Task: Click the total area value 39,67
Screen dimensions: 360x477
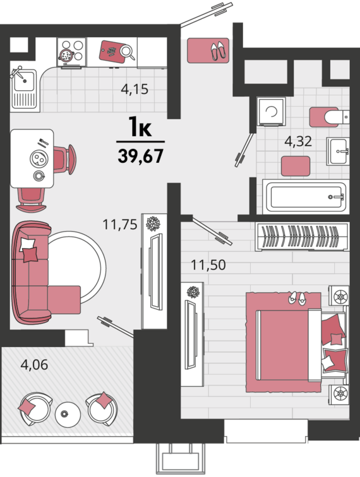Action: click(141, 156)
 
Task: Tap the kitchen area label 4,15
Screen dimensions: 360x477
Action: click(135, 90)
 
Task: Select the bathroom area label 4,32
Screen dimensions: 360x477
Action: click(298, 141)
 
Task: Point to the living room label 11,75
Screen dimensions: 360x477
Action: click(120, 225)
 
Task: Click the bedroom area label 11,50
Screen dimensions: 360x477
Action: click(208, 265)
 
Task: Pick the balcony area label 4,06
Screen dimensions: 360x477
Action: click(34, 365)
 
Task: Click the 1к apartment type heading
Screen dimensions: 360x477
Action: click(140, 127)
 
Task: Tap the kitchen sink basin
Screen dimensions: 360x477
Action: click(25, 81)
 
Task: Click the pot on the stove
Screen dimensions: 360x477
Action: click(66, 55)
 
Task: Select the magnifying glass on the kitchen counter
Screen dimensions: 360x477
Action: click(128, 51)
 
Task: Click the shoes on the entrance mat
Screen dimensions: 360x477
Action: click(218, 50)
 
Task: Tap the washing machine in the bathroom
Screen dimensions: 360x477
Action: click(271, 112)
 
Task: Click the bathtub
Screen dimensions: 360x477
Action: click(306, 197)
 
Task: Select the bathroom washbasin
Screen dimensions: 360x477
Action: click(337, 151)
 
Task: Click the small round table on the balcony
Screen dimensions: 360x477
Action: click(68, 415)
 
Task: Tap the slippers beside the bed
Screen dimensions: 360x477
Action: click(297, 298)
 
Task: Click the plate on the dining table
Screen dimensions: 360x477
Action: click(39, 158)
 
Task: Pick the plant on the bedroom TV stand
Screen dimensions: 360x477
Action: click(193, 292)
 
